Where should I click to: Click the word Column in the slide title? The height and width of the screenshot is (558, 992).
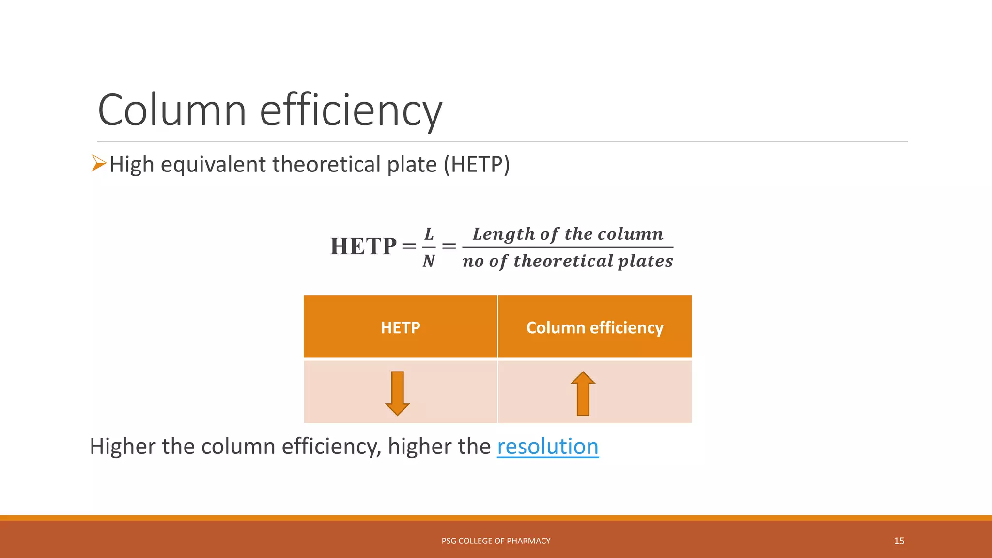tap(172, 110)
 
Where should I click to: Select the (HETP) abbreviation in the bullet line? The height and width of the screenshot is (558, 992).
tap(477, 165)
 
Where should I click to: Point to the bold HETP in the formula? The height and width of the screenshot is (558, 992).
tap(363, 247)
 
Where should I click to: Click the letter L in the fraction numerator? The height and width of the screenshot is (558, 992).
tap(429, 234)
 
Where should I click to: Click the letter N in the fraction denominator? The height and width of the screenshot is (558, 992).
tap(429, 261)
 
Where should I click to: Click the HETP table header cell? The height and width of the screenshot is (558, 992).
tap(400, 327)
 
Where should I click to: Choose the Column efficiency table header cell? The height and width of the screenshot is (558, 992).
tap(594, 327)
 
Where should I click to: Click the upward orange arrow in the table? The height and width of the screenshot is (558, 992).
tap(583, 393)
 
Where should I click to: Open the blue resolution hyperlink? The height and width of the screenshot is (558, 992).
tap(548, 447)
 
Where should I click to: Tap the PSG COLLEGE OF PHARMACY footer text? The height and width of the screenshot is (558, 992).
tap(496, 541)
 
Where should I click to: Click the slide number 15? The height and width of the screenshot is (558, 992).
tap(899, 541)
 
